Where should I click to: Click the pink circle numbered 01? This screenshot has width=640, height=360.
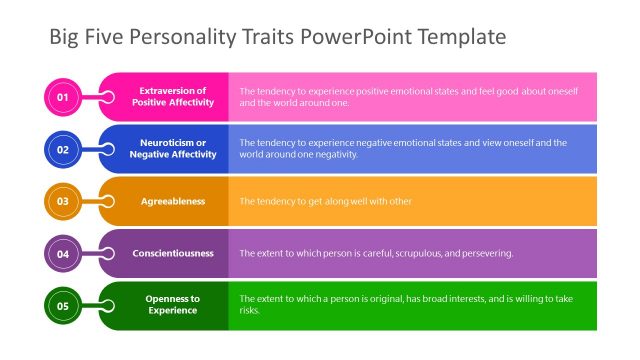point(62,97)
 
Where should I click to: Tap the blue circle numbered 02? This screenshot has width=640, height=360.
point(62,149)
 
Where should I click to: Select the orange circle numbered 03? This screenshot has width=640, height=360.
point(62,201)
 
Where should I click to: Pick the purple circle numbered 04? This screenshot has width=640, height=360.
point(62,253)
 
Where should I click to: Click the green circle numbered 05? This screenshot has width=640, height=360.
point(62,305)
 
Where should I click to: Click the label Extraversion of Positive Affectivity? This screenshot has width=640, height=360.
point(172,97)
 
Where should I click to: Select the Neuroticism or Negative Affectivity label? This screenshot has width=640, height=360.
point(172,149)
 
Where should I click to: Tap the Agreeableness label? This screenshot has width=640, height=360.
point(172,201)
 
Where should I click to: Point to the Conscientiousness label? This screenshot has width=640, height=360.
point(173,253)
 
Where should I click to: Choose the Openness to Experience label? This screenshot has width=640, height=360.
point(172,305)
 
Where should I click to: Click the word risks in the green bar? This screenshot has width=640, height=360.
point(249,311)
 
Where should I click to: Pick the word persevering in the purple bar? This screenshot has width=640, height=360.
point(485,253)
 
